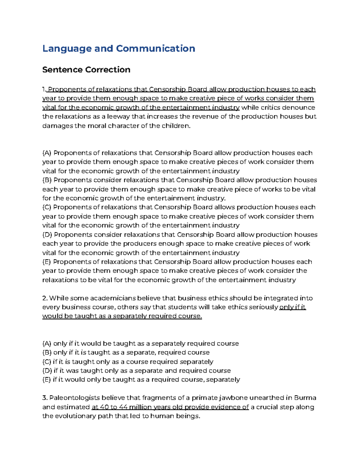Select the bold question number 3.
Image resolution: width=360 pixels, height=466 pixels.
point(45,398)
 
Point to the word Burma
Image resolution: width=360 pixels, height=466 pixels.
point(305,398)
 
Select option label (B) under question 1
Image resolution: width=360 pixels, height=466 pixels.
point(47,180)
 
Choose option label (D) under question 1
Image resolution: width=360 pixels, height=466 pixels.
point(47,235)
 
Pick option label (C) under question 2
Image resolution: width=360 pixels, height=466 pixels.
point(47,362)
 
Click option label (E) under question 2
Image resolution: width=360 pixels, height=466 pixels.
point(47,380)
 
